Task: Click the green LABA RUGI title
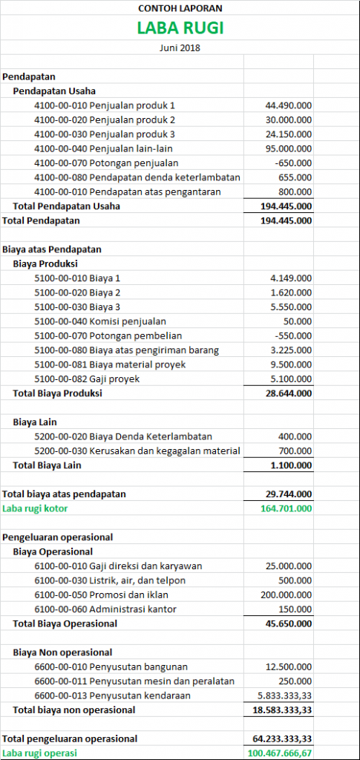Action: [180, 28]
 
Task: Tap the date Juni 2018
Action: [180, 47]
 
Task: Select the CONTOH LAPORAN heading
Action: [180, 9]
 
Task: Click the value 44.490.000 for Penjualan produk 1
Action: [288, 105]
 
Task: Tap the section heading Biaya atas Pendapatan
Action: [52, 249]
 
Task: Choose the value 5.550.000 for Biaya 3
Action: [291, 307]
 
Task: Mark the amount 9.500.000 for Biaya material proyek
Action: [291, 364]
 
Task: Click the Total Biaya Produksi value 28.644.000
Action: [288, 393]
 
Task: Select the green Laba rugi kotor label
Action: [34, 508]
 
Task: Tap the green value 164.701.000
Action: [286, 508]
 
